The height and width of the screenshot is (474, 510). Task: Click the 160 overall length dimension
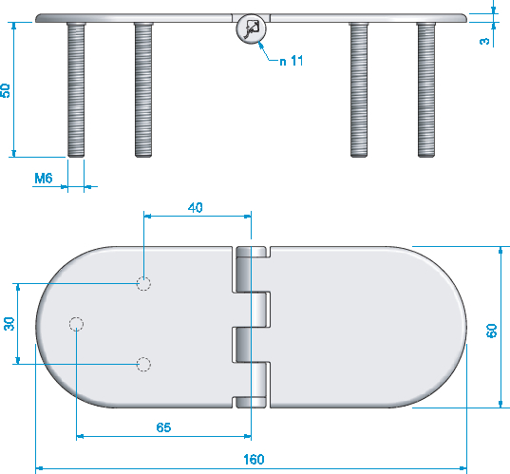254,460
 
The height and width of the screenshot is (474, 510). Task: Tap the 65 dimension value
163,427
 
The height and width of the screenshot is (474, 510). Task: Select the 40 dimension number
195,208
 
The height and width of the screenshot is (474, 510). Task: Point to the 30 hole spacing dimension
9,324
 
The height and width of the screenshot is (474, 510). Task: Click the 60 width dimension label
491,331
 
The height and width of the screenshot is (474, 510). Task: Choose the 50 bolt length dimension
5,90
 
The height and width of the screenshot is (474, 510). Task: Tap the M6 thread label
44,179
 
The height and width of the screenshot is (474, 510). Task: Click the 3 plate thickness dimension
484,41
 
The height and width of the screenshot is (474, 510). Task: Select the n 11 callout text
292,61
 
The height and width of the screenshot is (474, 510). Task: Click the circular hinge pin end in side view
251,28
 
